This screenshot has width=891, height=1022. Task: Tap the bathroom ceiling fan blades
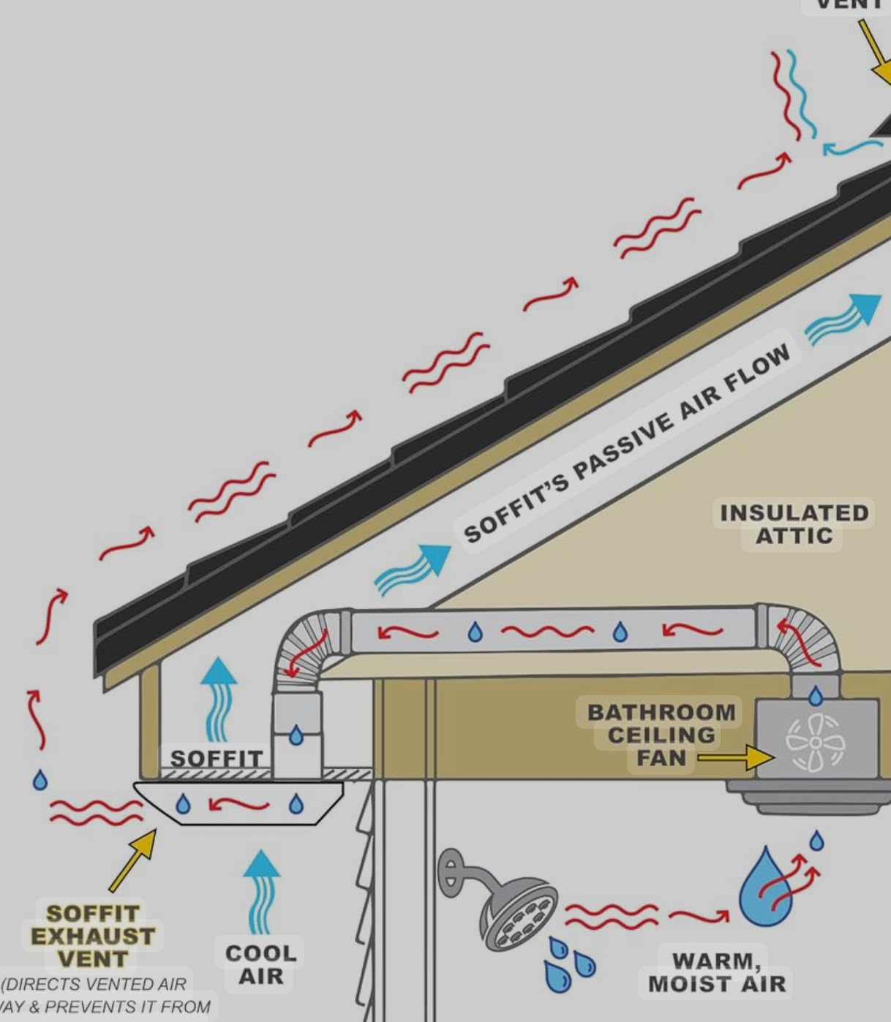(x=815, y=743)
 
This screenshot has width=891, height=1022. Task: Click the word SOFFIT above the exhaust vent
(x=216, y=758)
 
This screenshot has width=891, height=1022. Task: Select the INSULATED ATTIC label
(x=794, y=524)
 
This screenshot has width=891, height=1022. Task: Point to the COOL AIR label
(x=260, y=964)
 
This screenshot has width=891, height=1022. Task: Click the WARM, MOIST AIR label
(x=717, y=972)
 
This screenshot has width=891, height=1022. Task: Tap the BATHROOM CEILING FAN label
(x=661, y=735)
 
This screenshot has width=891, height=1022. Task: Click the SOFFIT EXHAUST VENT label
(x=92, y=936)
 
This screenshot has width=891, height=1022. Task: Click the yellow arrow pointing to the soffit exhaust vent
(x=134, y=860)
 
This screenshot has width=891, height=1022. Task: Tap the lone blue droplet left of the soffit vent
(x=40, y=780)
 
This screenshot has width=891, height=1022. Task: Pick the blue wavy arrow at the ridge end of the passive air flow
(x=844, y=319)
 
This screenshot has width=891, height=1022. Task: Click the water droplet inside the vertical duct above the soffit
(x=296, y=735)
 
